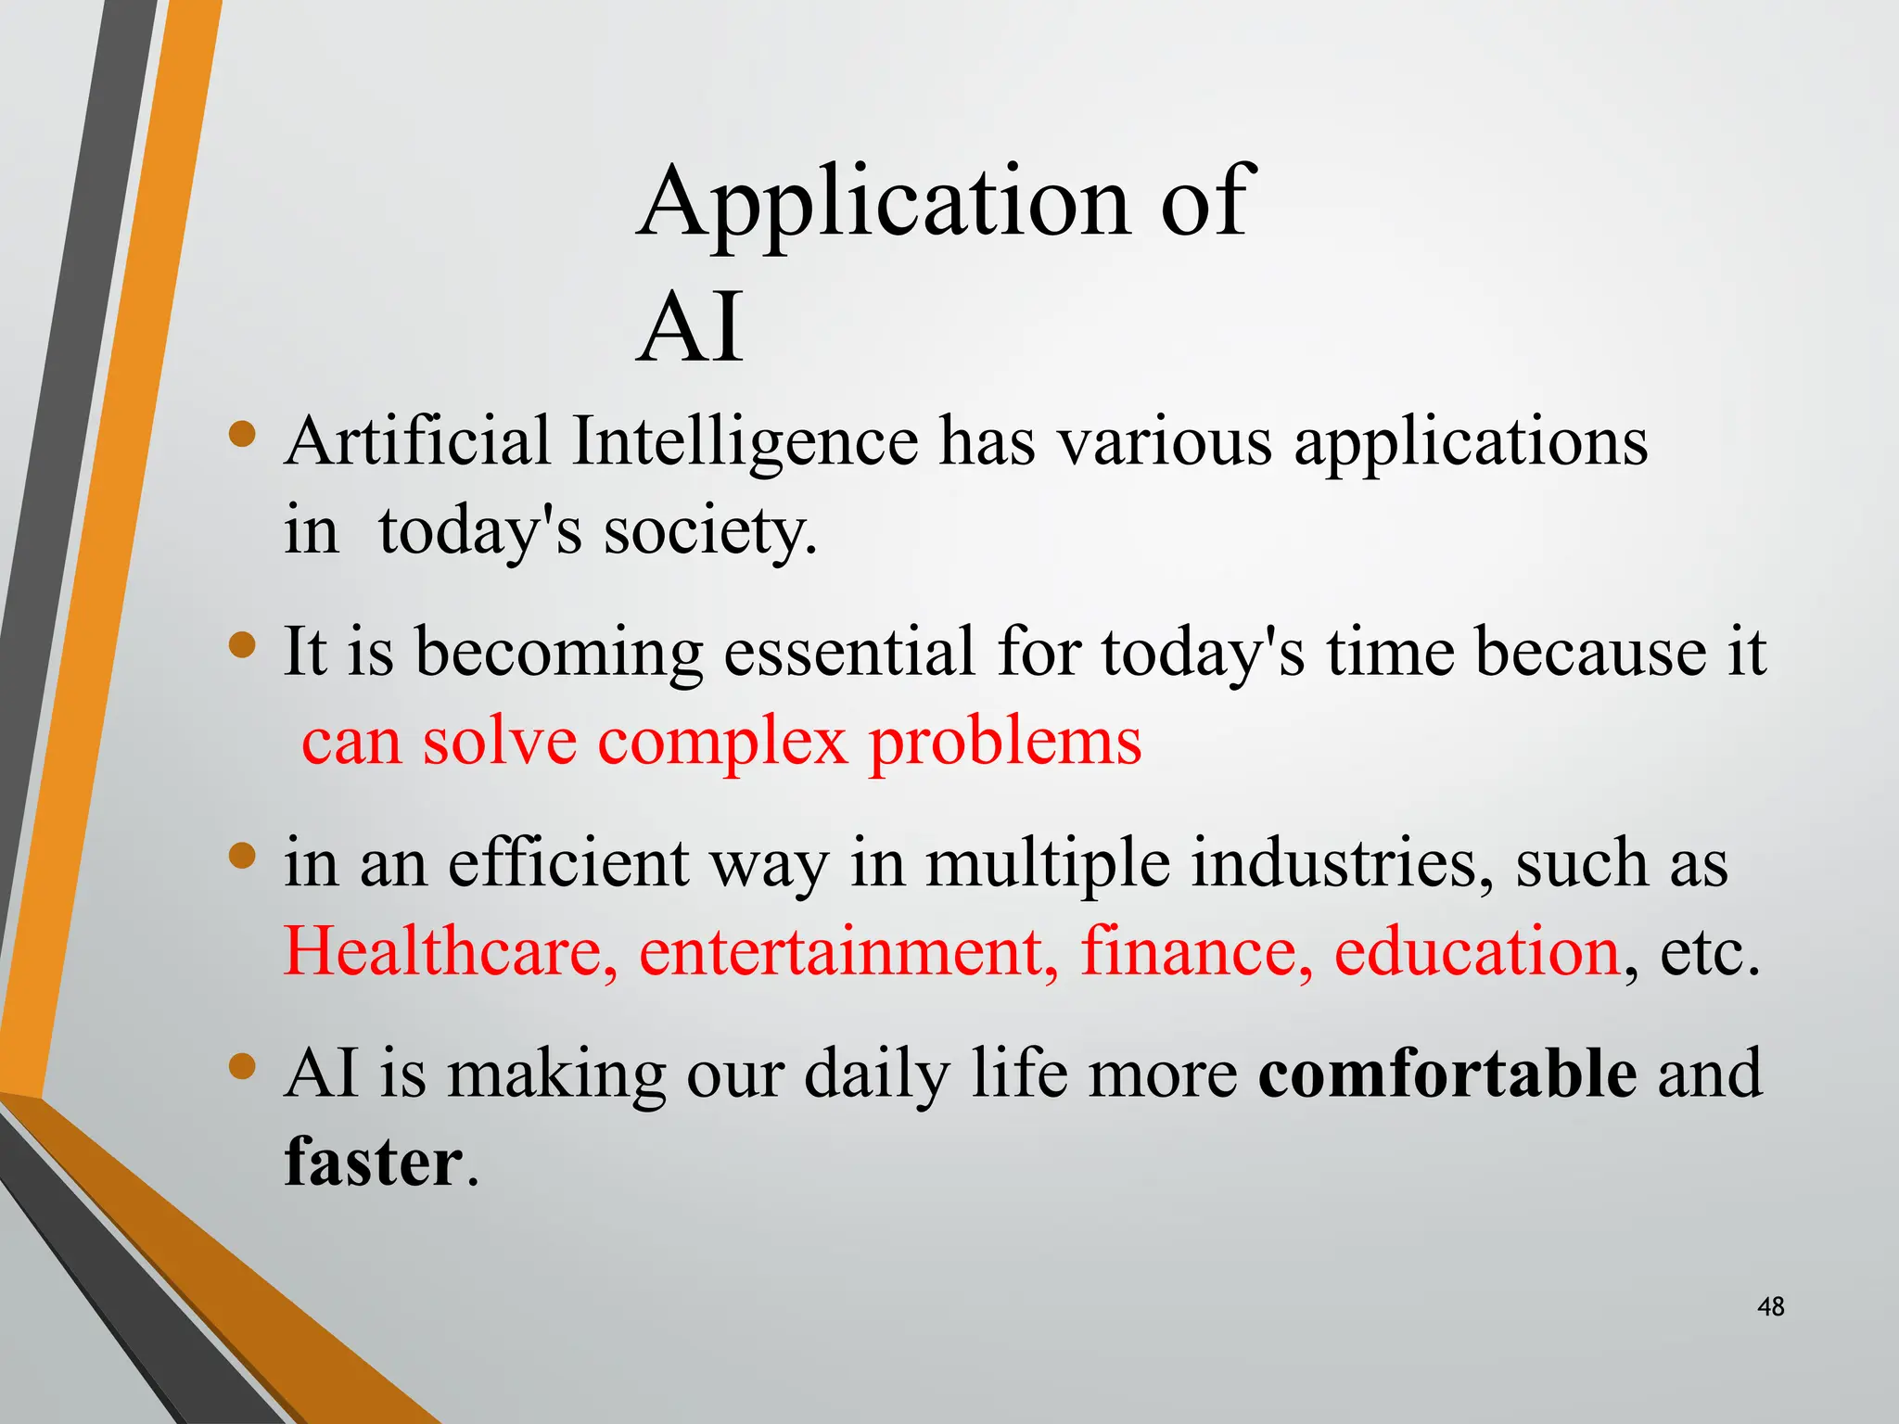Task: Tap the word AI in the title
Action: pyautogui.click(x=691, y=327)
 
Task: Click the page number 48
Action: pyautogui.click(x=1770, y=1307)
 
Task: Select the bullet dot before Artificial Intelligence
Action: pyautogui.click(x=242, y=434)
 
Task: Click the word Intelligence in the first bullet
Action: pyautogui.click(x=745, y=441)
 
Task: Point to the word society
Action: pyautogui.click(x=710, y=533)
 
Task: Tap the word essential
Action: pyautogui.click(x=848, y=652)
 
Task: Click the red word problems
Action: pyautogui.click(x=1004, y=744)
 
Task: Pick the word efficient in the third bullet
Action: pyautogui.click(x=568, y=863)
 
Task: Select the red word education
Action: pyautogui.click(x=1477, y=951)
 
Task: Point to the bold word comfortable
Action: pyautogui.click(x=1447, y=1074)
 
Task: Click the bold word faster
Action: pyautogui.click(x=373, y=1163)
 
